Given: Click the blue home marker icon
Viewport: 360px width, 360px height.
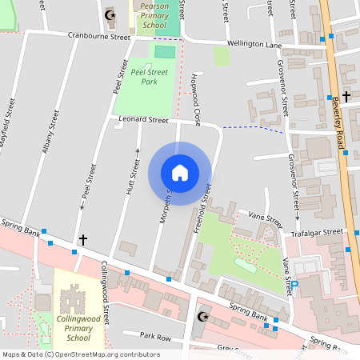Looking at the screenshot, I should coord(180,173).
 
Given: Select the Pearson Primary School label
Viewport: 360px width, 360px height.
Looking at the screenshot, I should coord(154,15).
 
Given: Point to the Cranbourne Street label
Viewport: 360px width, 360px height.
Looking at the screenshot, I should coord(98,37).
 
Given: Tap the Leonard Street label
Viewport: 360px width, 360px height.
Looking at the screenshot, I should coord(143,119).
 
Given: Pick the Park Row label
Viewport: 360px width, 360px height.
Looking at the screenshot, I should coord(135,335).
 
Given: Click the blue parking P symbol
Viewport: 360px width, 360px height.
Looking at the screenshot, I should coord(294,284).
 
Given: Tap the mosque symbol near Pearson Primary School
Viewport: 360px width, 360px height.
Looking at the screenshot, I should coord(110,15).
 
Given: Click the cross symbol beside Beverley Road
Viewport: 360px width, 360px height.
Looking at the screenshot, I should coord(346,97).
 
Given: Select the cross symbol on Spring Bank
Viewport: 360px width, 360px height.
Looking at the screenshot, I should coord(82,239).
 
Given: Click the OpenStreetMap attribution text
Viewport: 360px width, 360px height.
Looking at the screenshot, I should coord(81,354).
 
